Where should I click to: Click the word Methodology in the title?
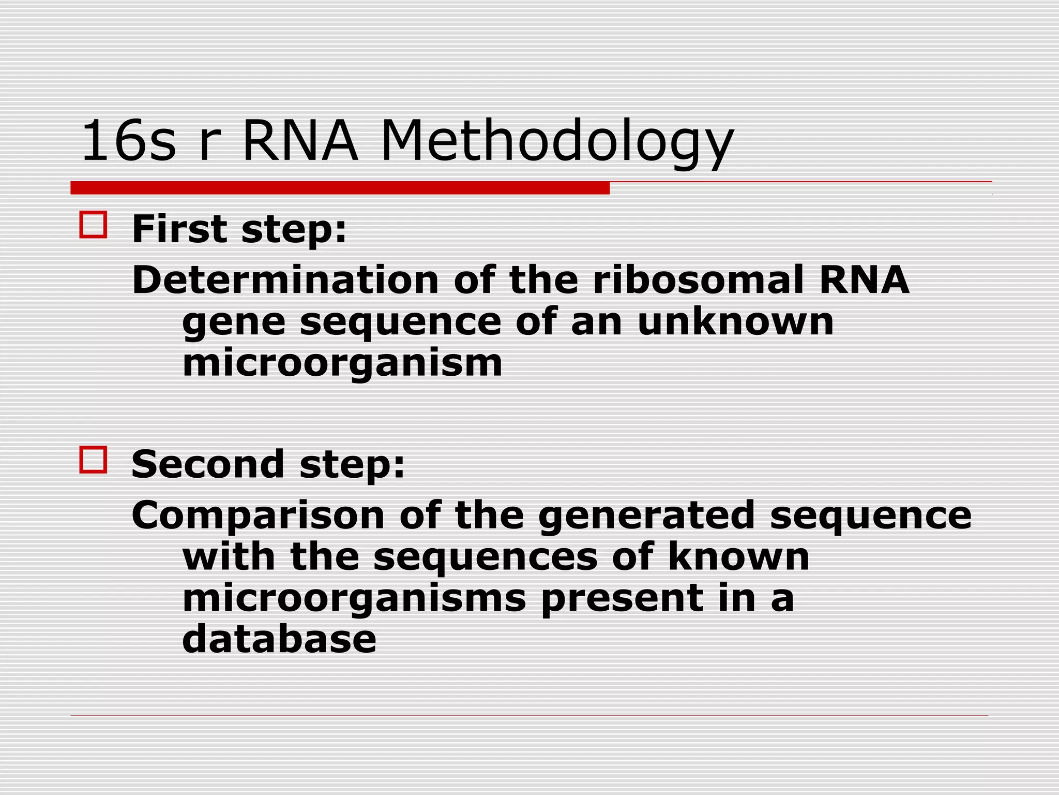click(x=557, y=141)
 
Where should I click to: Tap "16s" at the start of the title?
click(x=128, y=141)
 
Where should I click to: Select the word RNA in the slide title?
click(x=300, y=141)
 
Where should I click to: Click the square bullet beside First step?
click(x=93, y=225)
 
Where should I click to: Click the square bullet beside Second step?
click(x=93, y=460)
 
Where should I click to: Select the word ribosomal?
click(x=698, y=280)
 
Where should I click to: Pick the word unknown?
click(x=735, y=322)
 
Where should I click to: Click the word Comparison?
click(x=258, y=516)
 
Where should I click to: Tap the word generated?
click(x=646, y=516)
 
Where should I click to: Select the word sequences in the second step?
click(x=486, y=557)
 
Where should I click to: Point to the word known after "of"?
click(x=738, y=557)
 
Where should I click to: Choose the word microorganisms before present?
click(x=354, y=599)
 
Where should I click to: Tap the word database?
click(x=279, y=639)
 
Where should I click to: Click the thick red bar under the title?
click(x=340, y=188)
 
